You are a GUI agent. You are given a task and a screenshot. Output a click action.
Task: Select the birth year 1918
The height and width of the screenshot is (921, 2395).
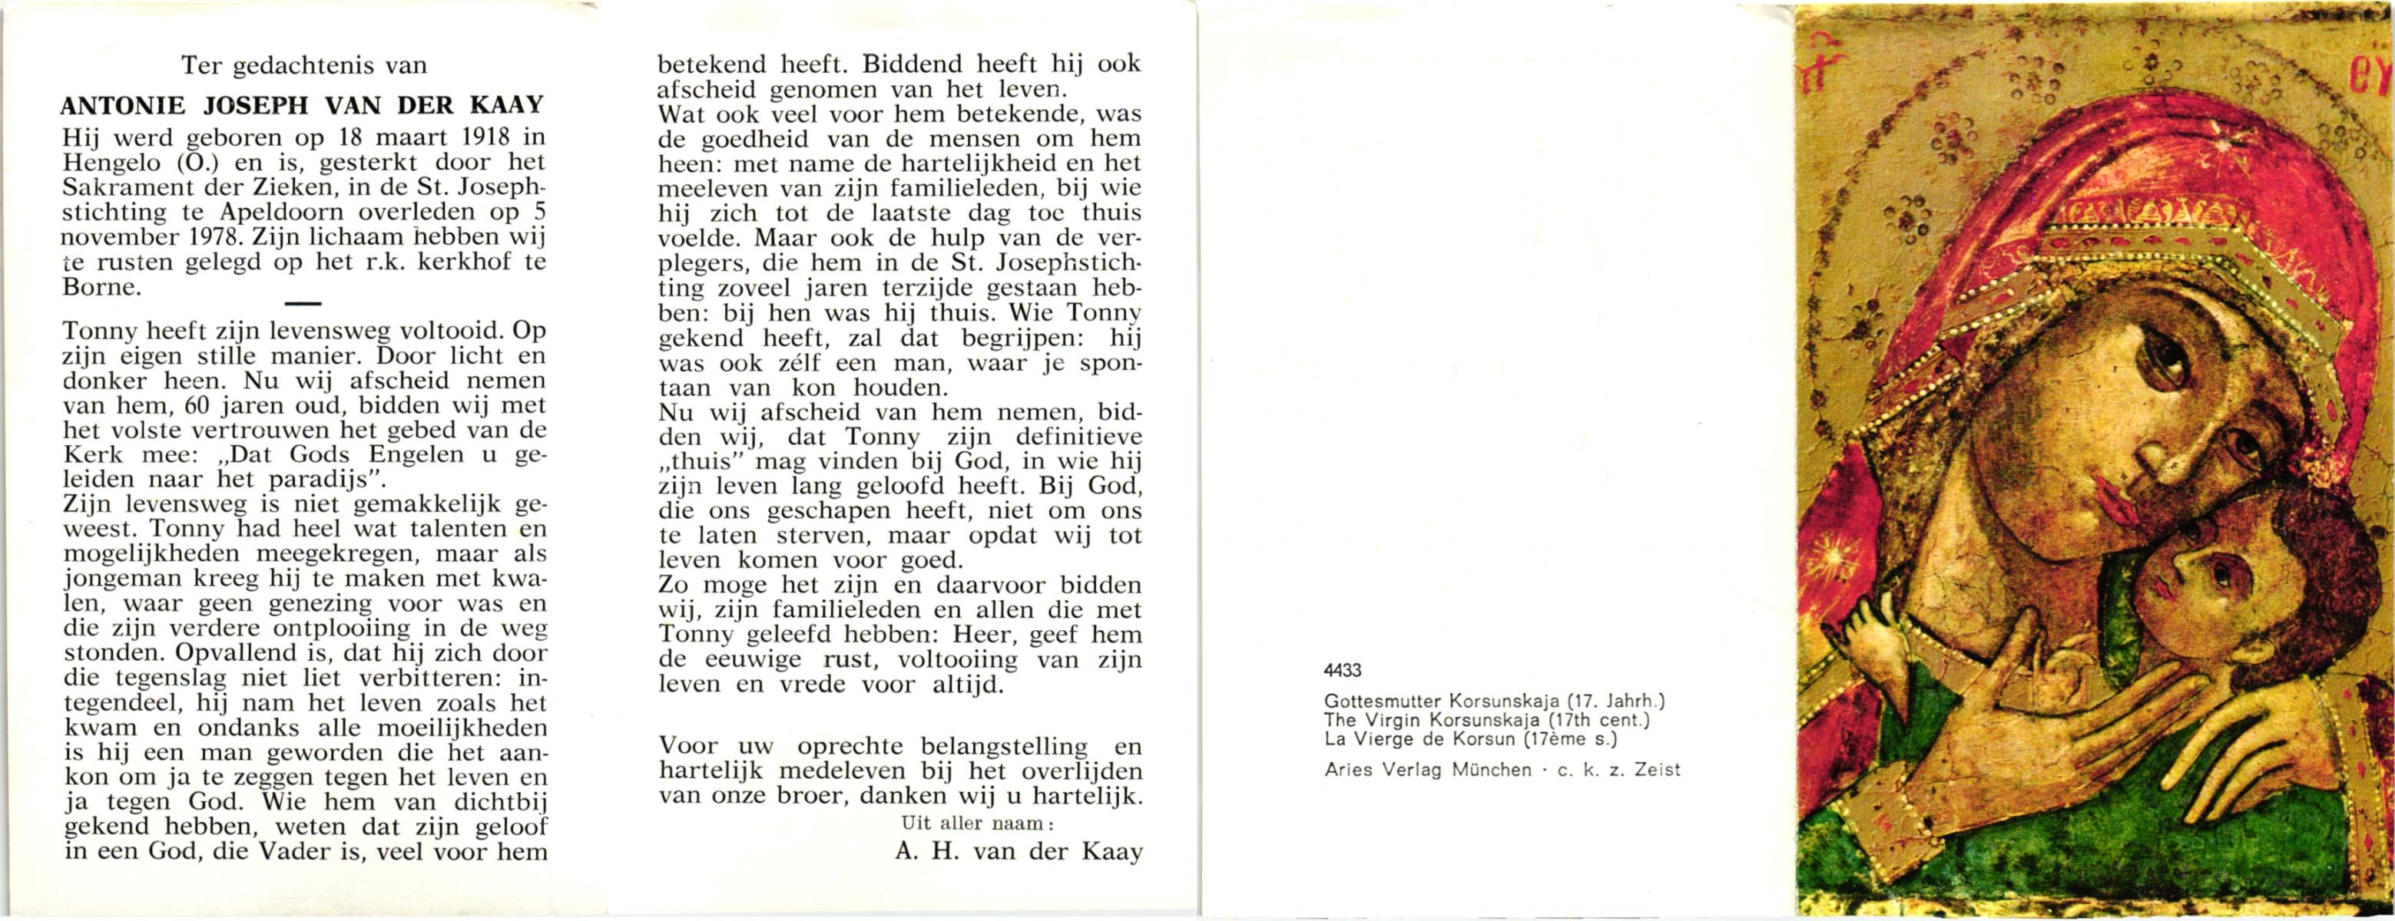(486, 137)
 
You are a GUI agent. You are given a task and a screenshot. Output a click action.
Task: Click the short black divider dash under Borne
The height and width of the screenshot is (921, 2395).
(304, 304)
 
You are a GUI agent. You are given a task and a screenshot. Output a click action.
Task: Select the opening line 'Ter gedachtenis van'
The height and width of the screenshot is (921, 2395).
(304, 65)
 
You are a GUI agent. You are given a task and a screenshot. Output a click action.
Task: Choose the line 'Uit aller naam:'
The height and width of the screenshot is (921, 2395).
(977, 823)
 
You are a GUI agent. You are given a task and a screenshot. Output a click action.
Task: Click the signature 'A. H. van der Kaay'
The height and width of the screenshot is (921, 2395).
(1018, 851)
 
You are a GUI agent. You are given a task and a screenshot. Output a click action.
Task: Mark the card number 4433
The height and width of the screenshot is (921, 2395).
(1342, 669)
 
